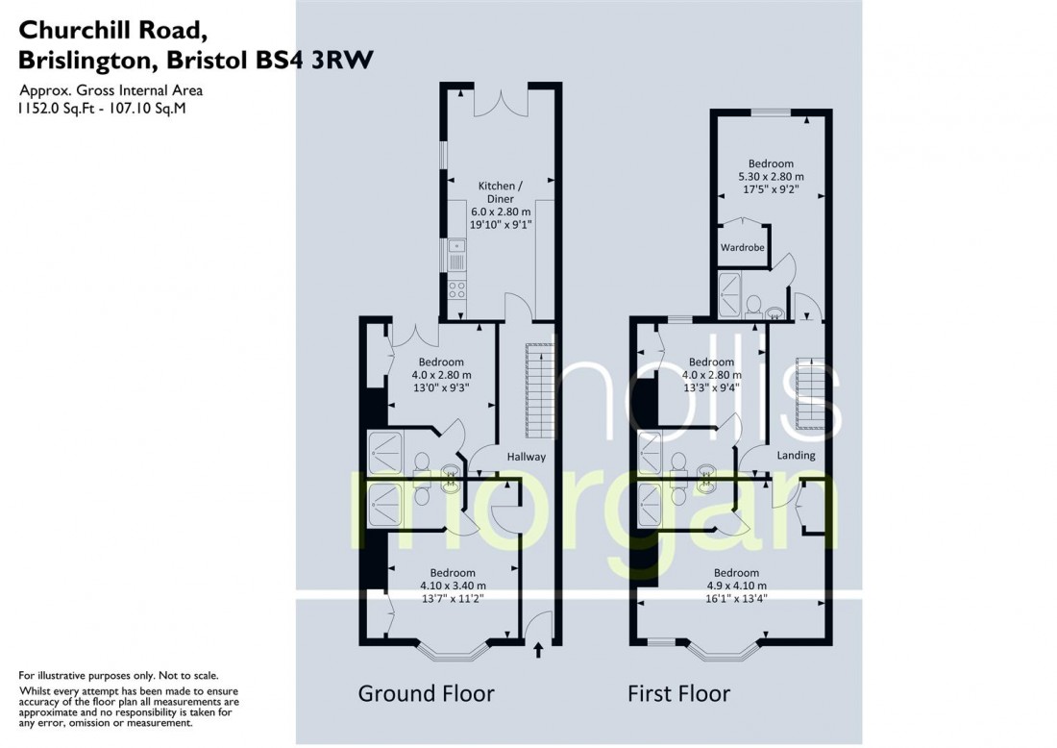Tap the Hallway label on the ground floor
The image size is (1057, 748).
527,458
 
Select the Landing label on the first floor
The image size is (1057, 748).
796,455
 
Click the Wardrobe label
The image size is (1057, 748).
742,248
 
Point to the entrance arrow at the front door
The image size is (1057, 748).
537,653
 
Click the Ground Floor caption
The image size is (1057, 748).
426,693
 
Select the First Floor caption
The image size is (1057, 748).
678,693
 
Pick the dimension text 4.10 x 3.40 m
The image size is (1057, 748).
453,586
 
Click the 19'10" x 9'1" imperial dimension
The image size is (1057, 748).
501,224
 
